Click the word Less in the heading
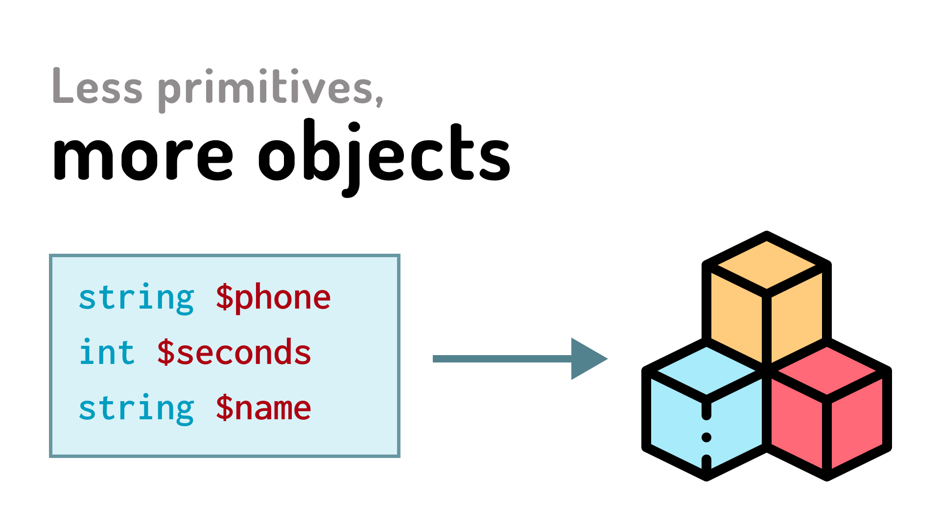[x=97, y=87]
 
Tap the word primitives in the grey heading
[x=265, y=88]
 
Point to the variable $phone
[x=273, y=298]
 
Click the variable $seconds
[x=234, y=353]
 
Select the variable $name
[x=263, y=408]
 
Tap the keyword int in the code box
[x=107, y=353]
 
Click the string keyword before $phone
[x=137, y=298]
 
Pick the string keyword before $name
[x=137, y=408]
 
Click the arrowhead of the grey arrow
[x=587, y=359]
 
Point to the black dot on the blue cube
[x=706, y=437]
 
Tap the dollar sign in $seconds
[x=165, y=353]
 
